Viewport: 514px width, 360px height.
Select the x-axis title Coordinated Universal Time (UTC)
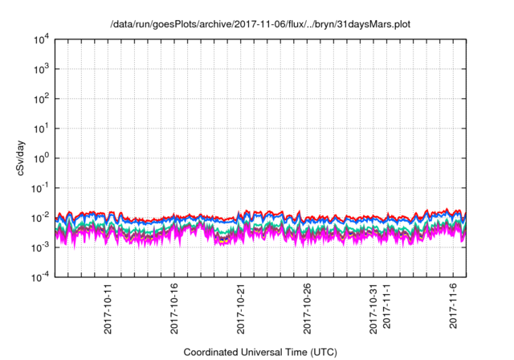(260, 352)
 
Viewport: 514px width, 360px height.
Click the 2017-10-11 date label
(108, 305)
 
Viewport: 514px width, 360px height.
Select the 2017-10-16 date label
(174, 305)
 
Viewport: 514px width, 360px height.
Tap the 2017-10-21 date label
(241, 305)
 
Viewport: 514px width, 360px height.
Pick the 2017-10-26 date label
(308, 305)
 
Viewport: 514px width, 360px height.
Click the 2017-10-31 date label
(374, 305)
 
